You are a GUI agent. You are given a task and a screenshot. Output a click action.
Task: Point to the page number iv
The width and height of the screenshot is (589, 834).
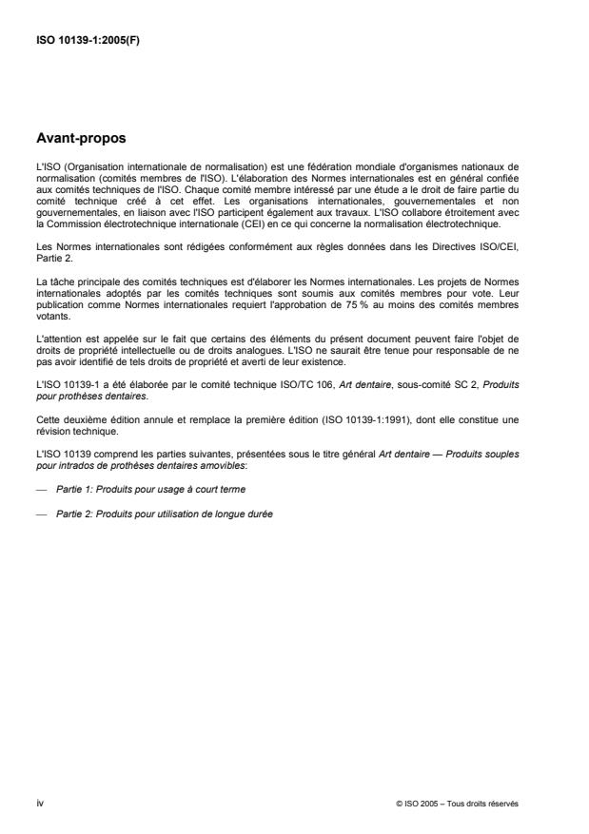[x=39, y=800]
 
